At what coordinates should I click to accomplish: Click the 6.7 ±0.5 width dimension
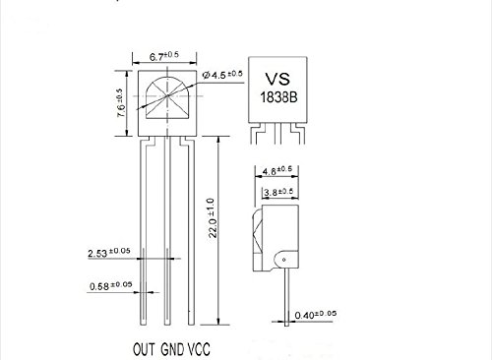tap(164, 55)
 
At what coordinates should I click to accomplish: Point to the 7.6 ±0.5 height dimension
tap(120, 102)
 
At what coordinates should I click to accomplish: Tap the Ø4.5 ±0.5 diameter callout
tap(222, 75)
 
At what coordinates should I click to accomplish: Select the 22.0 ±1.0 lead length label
tap(213, 217)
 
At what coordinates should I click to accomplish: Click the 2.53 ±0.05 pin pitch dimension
tap(109, 252)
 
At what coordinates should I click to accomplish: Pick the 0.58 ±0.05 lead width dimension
tap(111, 285)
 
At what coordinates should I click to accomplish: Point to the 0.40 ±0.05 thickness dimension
tap(316, 315)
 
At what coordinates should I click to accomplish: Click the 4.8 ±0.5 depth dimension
tap(277, 170)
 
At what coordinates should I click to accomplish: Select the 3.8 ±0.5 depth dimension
tap(278, 192)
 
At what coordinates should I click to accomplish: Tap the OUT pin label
tap(144, 349)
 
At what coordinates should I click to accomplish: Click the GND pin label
tap(172, 349)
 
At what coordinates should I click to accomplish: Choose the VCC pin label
tap(199, 349)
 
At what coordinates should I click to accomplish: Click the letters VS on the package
tap(277, 79)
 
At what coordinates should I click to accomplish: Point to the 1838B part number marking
tap(278, 97)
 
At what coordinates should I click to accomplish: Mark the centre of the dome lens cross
tap(168, 95)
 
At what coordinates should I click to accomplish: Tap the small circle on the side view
tap(284, 260)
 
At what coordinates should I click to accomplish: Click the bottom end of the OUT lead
tap(143, 325)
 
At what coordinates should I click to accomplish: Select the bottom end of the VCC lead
tap(191, 325)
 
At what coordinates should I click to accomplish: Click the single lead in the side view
tap(286, 296)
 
